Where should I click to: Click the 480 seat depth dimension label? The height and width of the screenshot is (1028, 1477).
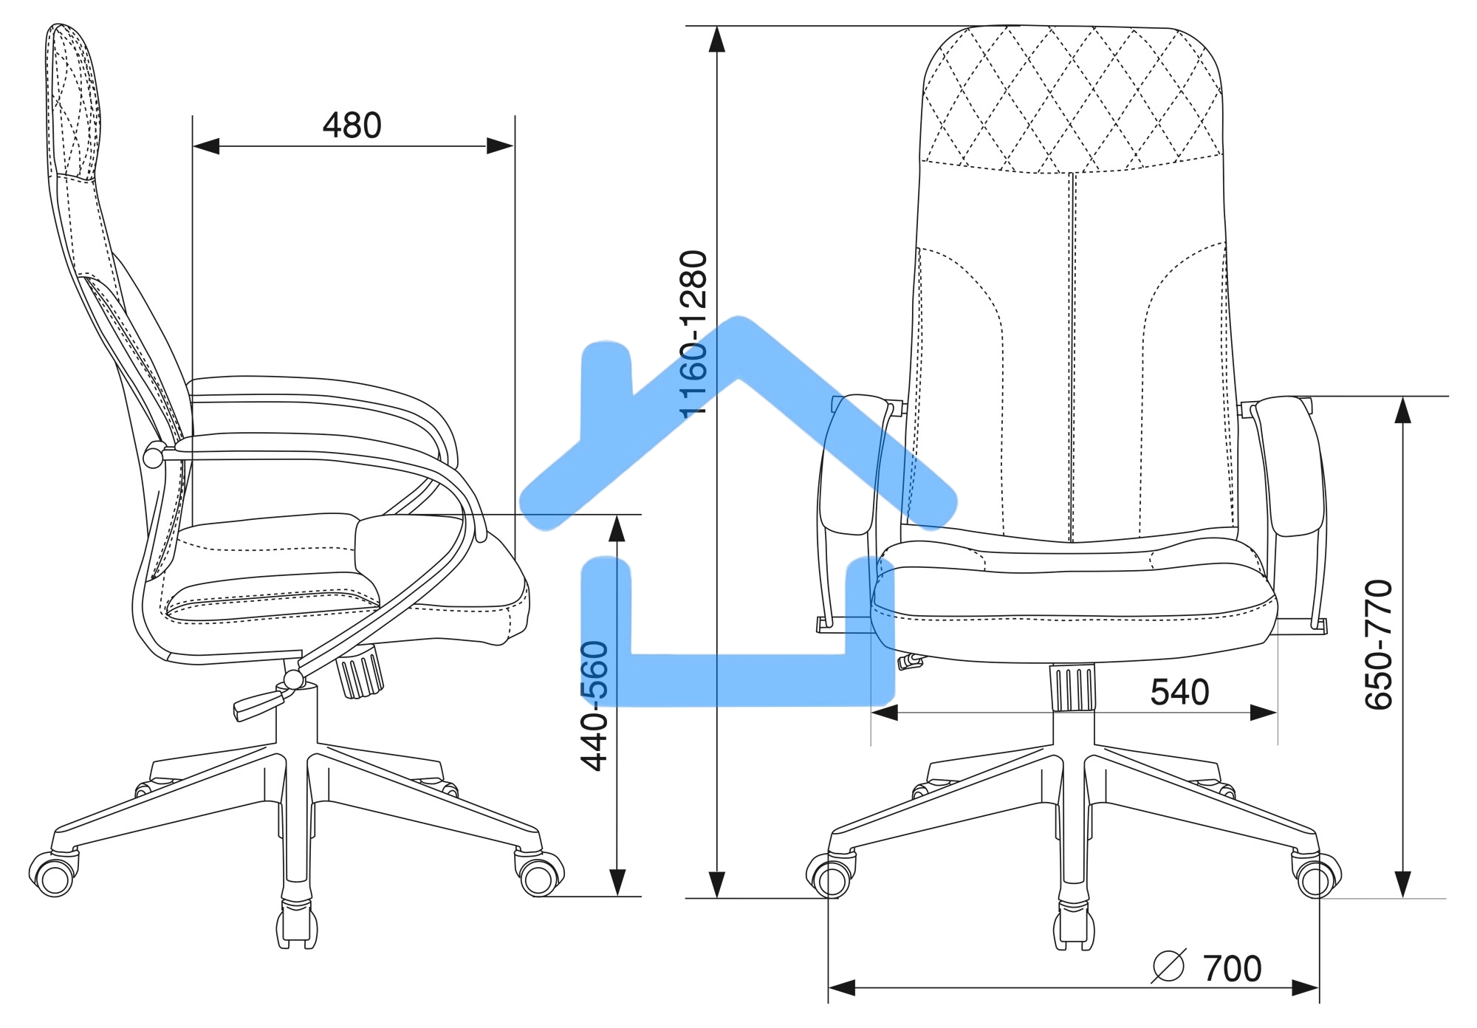click(352, 126)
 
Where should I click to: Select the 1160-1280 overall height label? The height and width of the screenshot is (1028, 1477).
click(694, 334)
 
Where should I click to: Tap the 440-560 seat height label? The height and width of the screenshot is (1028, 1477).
click(594, 705)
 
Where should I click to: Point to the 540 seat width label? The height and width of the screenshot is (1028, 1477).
click(1179, 693)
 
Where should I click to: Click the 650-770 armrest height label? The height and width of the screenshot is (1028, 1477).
click(1378, 645)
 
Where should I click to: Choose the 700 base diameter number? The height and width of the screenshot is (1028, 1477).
click(1233, 969)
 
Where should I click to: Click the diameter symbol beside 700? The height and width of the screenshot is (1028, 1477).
click(1168, 965)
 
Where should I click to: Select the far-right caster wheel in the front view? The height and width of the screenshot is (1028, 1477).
click(1315, 879)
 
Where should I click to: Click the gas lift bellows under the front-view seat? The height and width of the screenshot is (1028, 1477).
click(1073, 688)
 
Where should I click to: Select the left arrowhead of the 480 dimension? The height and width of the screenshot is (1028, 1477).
click(206, 146)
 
